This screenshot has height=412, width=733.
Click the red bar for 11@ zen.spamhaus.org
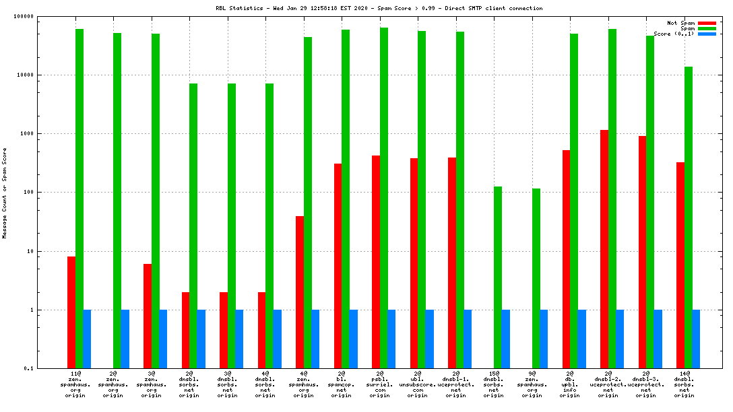coord(71,312)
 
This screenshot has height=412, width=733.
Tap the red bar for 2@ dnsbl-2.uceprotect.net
coord(604,249)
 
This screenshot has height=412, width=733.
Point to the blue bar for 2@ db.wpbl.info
coord(581,339)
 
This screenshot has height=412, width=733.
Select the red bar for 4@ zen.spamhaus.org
coord(300,292)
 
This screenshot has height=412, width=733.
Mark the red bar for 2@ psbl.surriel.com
coord(376,262)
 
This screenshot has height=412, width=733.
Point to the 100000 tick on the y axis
coord(40,16)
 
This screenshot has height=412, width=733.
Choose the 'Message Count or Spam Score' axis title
coord(5,193)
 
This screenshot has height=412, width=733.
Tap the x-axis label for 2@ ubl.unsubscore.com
coord(418,384)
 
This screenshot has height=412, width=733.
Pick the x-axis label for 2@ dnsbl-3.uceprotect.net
coord(646,384)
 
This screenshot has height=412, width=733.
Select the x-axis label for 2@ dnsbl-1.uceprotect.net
coord(456,384)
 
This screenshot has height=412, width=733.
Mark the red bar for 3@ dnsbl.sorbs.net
coord(224,330)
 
